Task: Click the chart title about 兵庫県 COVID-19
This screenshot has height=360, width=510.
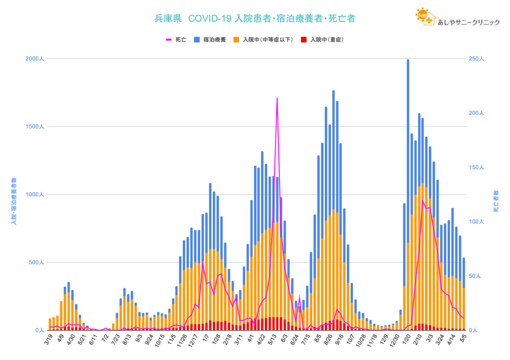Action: point(255,18)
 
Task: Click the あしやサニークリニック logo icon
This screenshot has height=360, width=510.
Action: point(424,17)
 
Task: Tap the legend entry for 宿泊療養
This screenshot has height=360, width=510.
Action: point(212,39)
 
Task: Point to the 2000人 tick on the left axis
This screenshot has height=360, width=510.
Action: point(35,59)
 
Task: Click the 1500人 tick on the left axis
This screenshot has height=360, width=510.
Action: point(35,126)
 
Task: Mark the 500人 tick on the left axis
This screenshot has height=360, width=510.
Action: point(36,262)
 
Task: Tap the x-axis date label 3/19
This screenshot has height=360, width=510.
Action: point(49,340)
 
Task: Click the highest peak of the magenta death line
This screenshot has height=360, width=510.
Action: point(277,99)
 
